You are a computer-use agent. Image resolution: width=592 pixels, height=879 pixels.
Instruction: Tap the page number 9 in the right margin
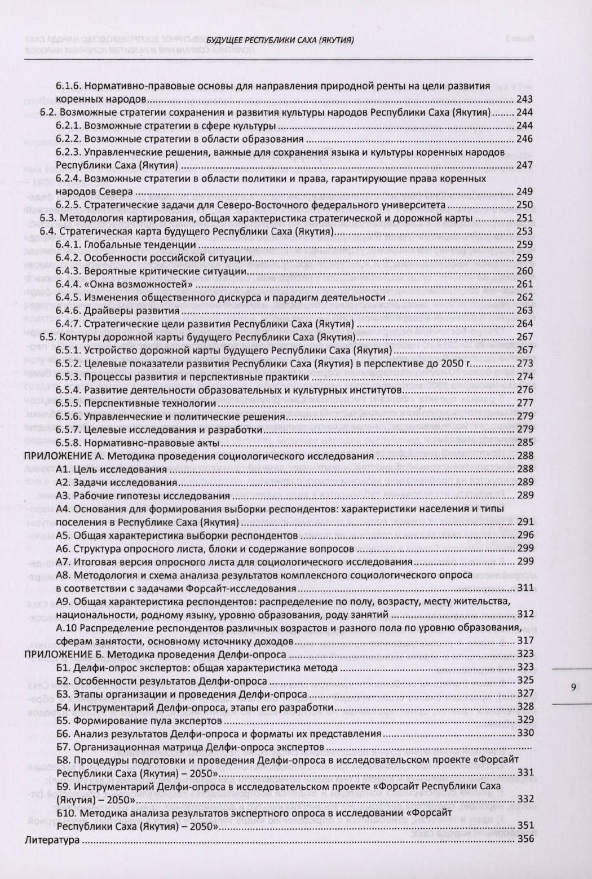pyautogui.click(x=573, y=687)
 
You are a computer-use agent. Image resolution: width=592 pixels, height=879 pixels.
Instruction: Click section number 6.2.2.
pyautogui.click(x=70, y=139)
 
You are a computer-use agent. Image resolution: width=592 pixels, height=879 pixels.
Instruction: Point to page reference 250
pyautogui.click(x=525, y=205)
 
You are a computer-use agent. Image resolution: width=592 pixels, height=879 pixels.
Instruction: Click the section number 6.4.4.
pyautogui.click(x=70, y=284)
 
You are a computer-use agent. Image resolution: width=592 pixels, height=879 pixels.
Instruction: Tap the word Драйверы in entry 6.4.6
pyautogui.click(x=105, y=310)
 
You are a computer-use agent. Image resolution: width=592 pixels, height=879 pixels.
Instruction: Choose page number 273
pyautogui.click(x=525, y=363)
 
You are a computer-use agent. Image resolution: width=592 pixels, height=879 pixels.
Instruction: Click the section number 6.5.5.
pyautogui.click(x=70, y=403)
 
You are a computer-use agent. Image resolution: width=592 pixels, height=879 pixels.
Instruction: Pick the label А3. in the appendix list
pyautogui.click(x=64, y=496)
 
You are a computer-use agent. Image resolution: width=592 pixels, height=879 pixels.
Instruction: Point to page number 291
pyautogui.click(x=525, y=522)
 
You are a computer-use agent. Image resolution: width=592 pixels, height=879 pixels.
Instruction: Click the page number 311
pyautogui.click(x=525, y=588)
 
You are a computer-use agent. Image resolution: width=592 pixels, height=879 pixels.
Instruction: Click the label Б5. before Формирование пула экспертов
pyautogui.click(x=64, y=719)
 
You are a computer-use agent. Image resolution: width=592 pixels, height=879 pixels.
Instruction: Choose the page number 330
pyautogui.click(x=525, y=733)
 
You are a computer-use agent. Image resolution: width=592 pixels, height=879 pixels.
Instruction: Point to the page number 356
pyautogui.click(x=525, y=840)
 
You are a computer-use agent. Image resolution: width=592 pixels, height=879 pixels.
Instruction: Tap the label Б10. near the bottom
pyautogui.click(x=66, y=814)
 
